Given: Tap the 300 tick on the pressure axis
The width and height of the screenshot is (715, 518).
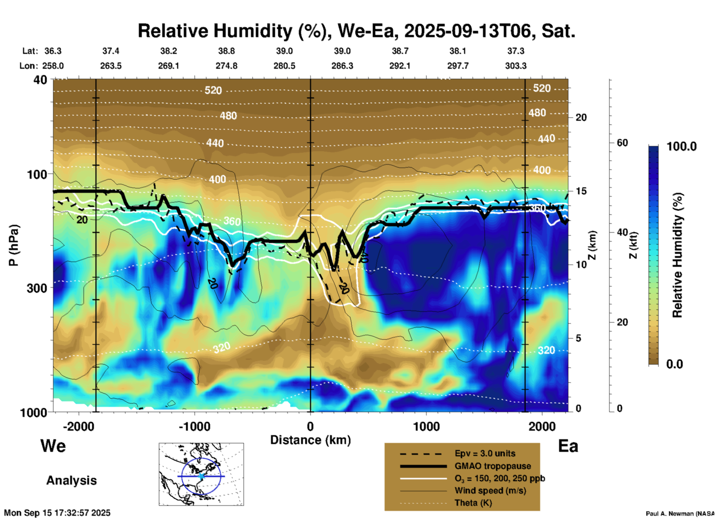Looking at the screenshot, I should coord(37,288).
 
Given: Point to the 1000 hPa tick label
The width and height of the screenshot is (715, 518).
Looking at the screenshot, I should coord(33,412).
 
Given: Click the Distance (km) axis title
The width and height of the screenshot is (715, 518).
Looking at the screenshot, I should coord(310,440).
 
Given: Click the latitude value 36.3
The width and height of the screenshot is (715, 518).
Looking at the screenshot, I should coord(53,51).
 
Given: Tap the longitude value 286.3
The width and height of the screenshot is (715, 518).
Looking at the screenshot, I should coord(342,66).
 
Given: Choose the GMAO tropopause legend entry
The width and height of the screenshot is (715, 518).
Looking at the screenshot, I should coord(493,466).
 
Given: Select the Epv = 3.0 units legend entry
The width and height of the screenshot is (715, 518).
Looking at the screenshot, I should coord(485,454).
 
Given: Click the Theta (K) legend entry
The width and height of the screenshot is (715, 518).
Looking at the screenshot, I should coord(473,503).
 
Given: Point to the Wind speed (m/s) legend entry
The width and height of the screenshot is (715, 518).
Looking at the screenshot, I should coord(490,491).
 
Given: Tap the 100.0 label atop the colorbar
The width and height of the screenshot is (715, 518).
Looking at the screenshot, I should coord(682,146).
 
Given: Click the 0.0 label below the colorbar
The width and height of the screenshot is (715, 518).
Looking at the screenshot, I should coord(675,364).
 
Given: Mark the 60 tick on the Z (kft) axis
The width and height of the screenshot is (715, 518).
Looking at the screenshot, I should coord(622,143).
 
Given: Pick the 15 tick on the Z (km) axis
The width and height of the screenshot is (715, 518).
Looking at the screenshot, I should coord(581,191).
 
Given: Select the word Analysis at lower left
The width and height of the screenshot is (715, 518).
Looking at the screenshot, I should coord(71,480).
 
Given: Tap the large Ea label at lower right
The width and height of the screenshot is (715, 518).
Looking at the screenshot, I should coord(568,446).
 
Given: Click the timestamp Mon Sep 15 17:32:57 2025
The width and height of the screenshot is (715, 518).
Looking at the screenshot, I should coord(57,513).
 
